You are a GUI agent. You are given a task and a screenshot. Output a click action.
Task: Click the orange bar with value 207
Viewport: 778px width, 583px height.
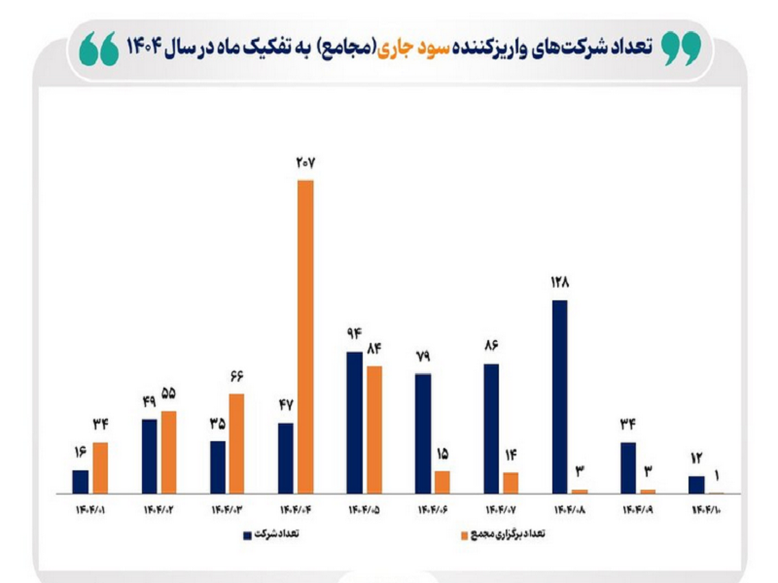pos(305,336)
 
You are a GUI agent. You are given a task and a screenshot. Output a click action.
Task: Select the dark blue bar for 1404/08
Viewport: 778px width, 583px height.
pos(560,396)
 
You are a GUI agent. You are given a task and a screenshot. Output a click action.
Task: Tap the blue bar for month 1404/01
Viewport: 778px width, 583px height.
pos(80,481)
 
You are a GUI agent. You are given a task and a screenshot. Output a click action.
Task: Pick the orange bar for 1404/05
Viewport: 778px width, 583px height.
pos(374,429)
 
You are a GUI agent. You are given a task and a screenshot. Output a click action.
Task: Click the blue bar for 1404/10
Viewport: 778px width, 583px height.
pos(696,485)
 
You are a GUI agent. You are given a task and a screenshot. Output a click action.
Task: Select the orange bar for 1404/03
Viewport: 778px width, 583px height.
pos(237,443)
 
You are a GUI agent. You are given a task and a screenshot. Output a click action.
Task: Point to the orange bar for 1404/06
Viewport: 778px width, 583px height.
pos(442,482)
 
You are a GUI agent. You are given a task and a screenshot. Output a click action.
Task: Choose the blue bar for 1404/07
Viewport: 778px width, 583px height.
pos(491,428)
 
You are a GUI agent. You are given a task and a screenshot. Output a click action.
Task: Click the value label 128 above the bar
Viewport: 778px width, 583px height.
pos(560,283)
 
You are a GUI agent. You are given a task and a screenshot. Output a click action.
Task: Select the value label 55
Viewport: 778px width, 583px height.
pos(169,394)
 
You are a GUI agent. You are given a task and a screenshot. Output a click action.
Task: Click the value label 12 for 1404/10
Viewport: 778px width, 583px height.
pos(696,459)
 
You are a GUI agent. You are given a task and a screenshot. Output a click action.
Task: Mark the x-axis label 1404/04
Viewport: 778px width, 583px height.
pos(296,510)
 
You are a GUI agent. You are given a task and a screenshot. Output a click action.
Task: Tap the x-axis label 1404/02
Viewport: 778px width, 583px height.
pos(159,510)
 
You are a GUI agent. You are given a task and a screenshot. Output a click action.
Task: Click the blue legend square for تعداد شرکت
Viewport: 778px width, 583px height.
pos(247,535)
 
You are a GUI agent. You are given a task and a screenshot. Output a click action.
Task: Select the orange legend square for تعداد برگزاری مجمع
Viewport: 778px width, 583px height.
pos(464,536)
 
